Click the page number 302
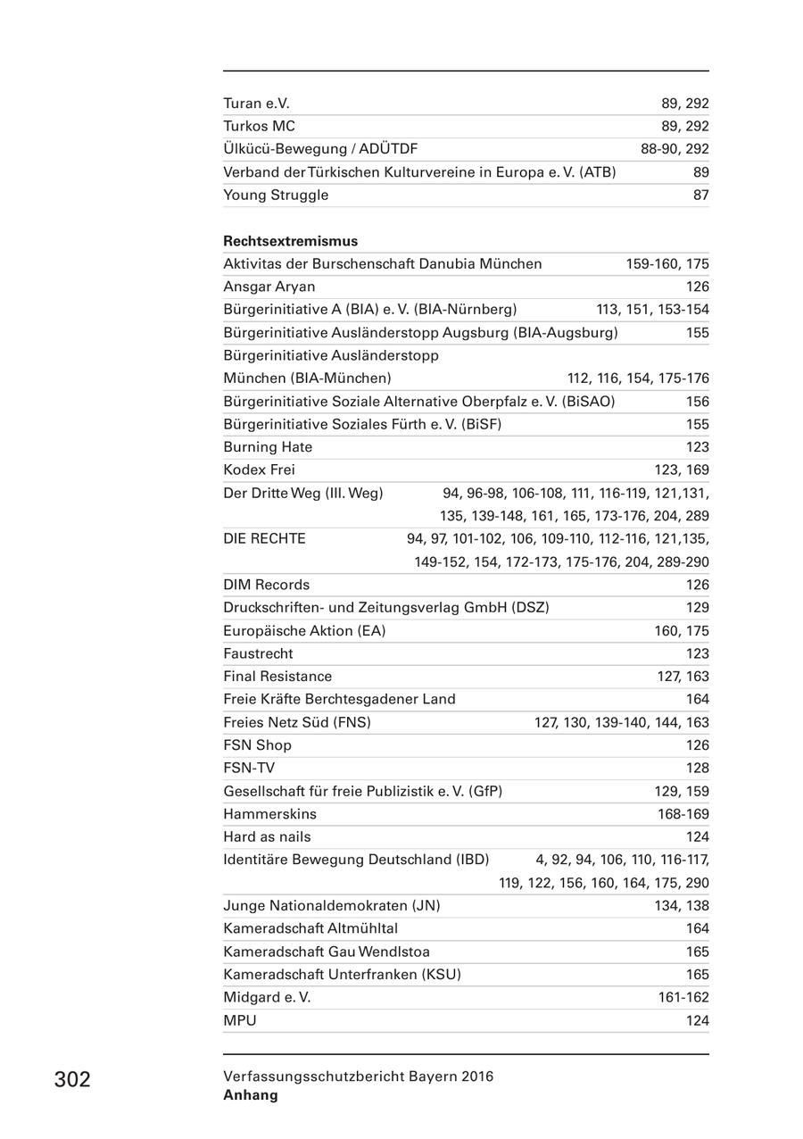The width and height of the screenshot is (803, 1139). (72, 1080)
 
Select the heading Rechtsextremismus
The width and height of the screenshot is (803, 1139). (290, 241)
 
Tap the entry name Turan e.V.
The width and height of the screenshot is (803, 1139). (256, 104)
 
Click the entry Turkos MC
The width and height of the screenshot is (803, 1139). (259, 127)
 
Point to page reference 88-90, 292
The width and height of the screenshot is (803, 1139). (675, 149)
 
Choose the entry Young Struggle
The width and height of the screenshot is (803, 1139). (276, 195)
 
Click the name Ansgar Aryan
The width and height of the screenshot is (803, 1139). (269, 287)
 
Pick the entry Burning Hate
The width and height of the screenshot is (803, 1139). (268, 447)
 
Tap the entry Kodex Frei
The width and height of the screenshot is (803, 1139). (259, 470)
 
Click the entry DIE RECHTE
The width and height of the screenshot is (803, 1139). (264, 539)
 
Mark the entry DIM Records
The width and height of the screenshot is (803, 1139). (266, 586)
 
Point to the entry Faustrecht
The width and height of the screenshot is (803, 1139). (258, 654)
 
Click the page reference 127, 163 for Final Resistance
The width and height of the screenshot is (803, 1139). (683, 677)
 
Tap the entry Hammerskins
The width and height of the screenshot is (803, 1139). (269, 814)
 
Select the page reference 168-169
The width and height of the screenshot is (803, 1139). (683, 814)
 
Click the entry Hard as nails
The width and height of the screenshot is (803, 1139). (267, 837)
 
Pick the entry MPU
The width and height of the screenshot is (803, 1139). (239, 1020)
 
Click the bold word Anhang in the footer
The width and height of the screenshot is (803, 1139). (251, 1095)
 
